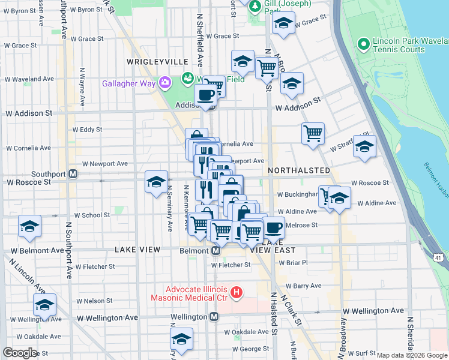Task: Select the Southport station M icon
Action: (x=73, y=174)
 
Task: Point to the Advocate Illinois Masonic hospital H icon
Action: (x=237, y=293)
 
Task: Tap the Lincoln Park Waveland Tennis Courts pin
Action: (x=363, y=44)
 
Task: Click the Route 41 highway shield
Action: (x=438, y=257)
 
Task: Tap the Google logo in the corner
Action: (x=20, y=353)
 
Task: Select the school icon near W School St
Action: (x=30, y=226)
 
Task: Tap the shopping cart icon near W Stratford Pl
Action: (x=313, y=133)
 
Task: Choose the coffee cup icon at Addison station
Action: (x=206, y=94)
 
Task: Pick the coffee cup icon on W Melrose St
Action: (x=273, y=227)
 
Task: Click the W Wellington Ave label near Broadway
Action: (x=373, y=311)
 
